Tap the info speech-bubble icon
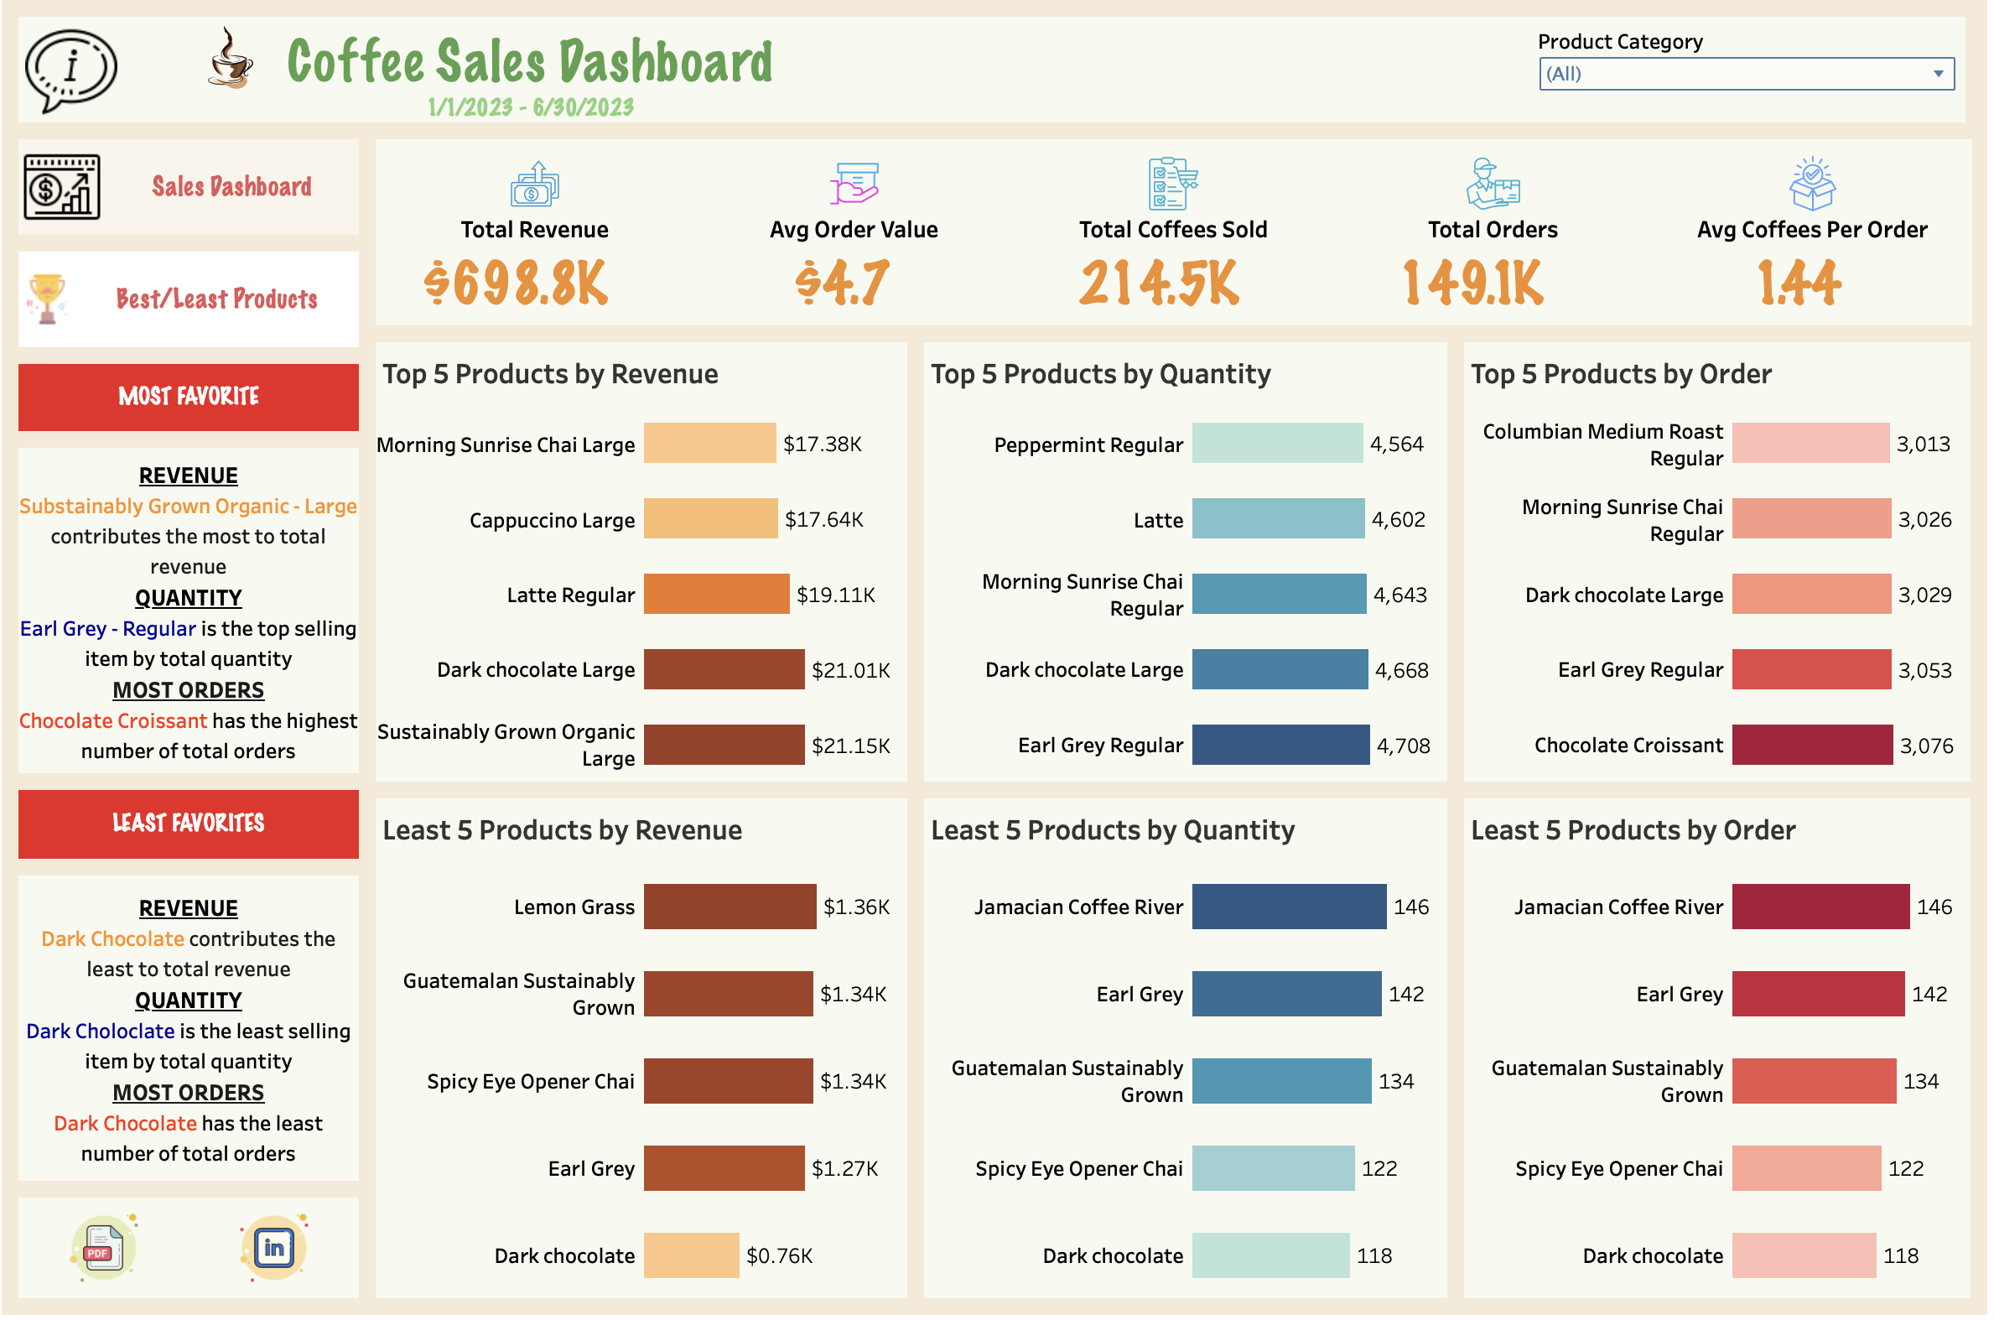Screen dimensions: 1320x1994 point(70,69)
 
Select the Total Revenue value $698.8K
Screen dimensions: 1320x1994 point(517,283)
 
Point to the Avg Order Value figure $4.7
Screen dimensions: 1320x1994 point(844,283)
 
